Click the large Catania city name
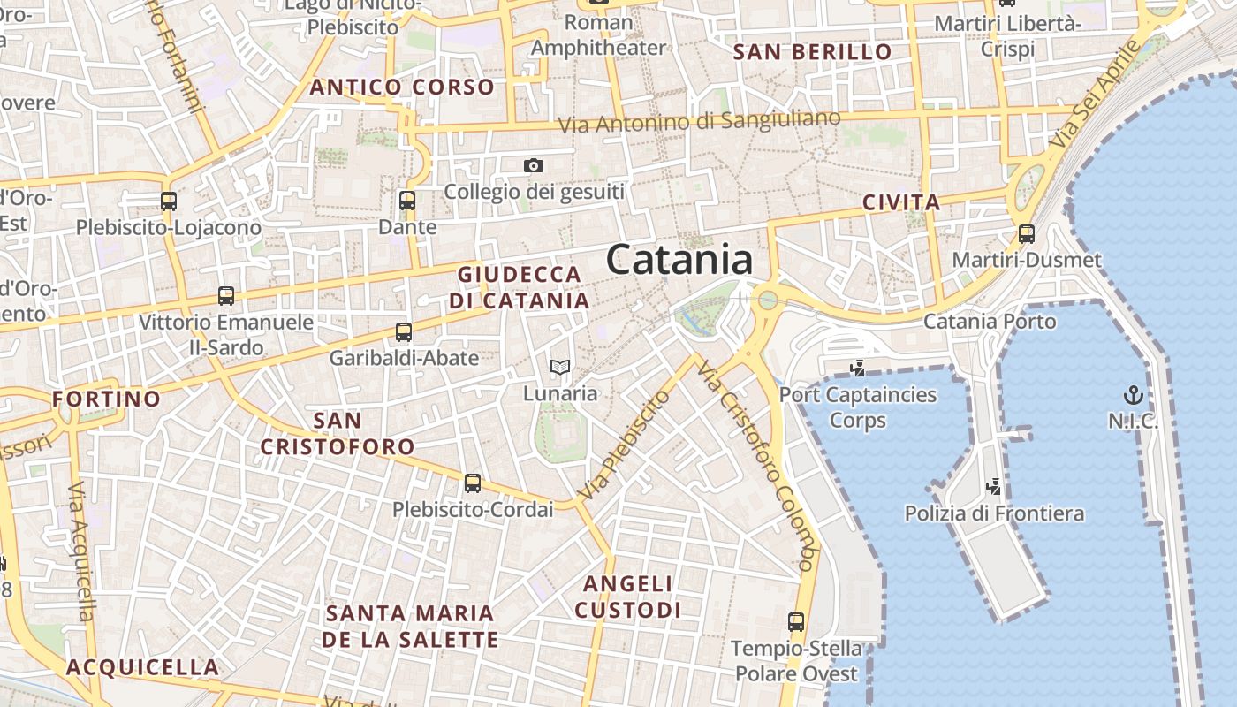pos(679,261)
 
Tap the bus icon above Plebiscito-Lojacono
pos(169,201)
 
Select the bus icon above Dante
pos(407,201)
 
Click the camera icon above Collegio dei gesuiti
pos(533,165)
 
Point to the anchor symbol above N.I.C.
pos(1133,394)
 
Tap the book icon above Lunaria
pos(560,367)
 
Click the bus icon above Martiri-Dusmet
pos(1027,234)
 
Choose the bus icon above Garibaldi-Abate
pos(404,332)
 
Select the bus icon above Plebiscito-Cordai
pos(473,483)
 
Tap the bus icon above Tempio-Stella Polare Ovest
pos(796,622)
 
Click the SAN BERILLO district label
pos(813,52)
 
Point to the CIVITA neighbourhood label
pos(901,202)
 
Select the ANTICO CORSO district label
pos(401,87)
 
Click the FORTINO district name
pos(107,399)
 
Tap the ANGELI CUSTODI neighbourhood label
pos(628,597)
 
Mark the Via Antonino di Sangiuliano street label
pos(705,121)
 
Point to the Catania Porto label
pos(990,321)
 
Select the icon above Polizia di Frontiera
pos(994,486)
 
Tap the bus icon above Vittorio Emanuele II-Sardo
pos(226,296)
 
